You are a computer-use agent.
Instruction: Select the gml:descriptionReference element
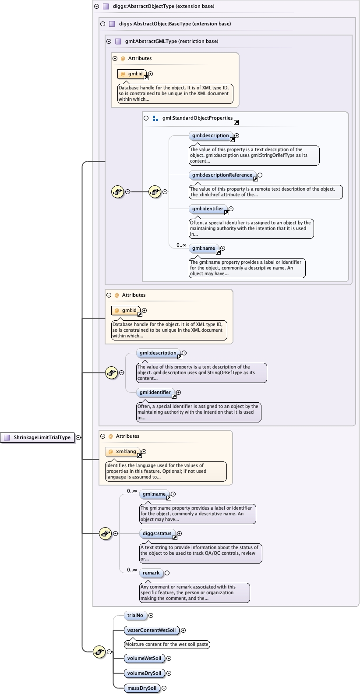(x=222, y=175)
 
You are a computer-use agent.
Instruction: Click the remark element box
(x=151, y=573)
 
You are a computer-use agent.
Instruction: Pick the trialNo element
(x=135, y=616)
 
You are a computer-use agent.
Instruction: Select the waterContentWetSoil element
(x=151, y=631)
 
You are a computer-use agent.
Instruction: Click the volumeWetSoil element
(x=144, y=659)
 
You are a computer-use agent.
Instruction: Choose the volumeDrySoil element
(x=144, y=674)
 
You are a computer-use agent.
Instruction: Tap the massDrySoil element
(x=141, y=688)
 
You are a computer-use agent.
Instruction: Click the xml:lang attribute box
(x=125, y=452)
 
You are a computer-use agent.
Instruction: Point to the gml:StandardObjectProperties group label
(x=197, y=118)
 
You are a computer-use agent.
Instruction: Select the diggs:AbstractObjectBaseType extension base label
(x=175, y=24)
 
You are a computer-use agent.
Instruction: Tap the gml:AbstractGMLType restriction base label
(x=171, y=42)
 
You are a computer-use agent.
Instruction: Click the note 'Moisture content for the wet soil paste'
(x=166, y=645)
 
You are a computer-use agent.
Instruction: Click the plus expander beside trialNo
(x=151, y=616)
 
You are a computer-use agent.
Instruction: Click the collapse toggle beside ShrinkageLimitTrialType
(x=78, y=437)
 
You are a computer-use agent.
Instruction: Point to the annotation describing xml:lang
(x=166, y=472)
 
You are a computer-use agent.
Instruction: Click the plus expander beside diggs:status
(x=179, y=534)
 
